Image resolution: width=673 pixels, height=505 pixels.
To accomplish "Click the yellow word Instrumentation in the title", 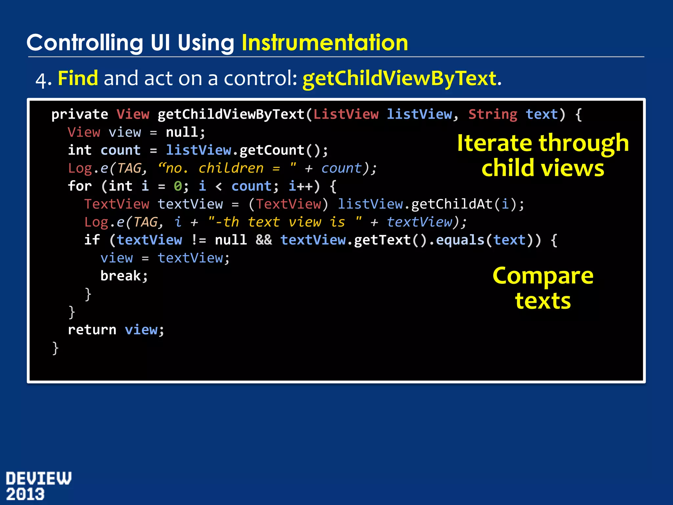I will [x=325, y=43].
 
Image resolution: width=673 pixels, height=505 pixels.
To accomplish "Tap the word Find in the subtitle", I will [x=78, y=79].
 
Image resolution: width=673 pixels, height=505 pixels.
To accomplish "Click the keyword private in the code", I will [x=80, y=114].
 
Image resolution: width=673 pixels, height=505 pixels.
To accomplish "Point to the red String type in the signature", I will [x=493, y=114].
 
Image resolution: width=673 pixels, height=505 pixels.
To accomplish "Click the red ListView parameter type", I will [x=346, y=114].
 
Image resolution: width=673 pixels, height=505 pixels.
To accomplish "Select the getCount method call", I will [x=272, y=150].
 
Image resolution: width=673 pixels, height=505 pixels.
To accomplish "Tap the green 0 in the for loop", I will [x=178, y=186].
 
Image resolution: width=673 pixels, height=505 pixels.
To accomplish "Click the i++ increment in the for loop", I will [x=300, y=186].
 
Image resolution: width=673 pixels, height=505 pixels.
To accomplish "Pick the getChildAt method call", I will [x=452, y=204].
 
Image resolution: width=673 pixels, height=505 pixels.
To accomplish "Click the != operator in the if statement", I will [x=198, y=240].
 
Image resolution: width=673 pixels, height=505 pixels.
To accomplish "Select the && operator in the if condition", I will [x=264, y=240].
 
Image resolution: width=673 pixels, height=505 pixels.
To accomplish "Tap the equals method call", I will [x=460, y=240].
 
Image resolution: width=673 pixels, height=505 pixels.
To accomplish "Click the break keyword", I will [x=121, y=276].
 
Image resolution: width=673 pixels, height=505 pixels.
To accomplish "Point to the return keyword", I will [x=92, y=330].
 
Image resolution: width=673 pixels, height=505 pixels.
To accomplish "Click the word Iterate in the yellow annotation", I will [x=494, y=143].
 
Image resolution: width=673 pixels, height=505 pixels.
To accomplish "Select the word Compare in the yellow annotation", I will [x=543, y=276].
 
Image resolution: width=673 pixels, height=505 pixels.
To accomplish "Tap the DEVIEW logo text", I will [x=38, y=478].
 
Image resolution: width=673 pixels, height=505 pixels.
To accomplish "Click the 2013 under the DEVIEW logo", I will [x=25, y=494].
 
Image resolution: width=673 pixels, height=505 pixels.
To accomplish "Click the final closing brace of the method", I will [x=55, y=348].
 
